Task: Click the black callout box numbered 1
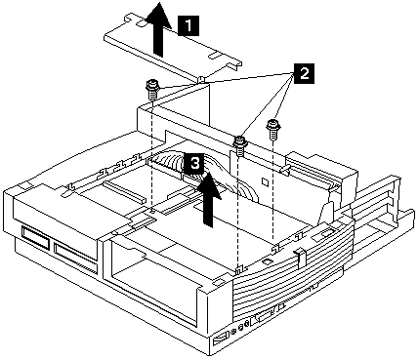(x=188, y=25)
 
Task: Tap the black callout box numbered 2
(x=304, y=74)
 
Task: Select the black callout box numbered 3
(x=194, y=163)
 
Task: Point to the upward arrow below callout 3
(x=209, y=199)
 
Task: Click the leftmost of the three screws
(x=150, y=91)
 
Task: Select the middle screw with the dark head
(x=240, y=145)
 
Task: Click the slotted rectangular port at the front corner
(x=221, y=340)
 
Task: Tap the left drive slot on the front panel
(x=36, y=241)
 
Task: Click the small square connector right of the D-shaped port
(x=279, y=307)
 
